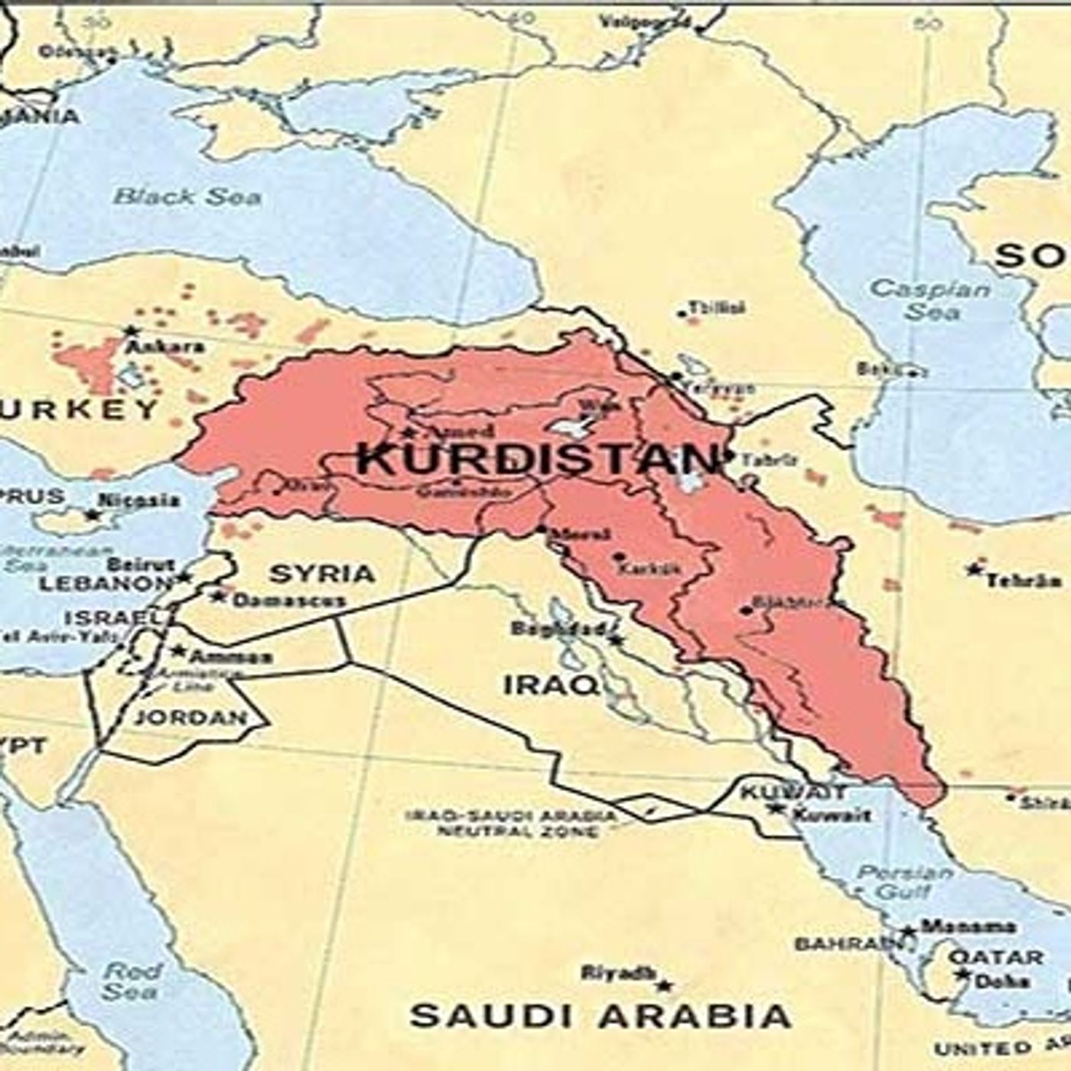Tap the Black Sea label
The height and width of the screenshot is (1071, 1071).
187,197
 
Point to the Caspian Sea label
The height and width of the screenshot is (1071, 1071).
929,301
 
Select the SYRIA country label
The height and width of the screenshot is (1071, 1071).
322,574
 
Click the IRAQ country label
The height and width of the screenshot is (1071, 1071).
551,685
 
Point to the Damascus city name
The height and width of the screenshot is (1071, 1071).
288,601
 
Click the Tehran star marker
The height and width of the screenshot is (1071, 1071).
974,570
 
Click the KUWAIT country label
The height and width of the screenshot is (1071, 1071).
794,792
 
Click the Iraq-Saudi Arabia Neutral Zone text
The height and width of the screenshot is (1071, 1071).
512,823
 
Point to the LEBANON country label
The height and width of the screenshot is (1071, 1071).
106,583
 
